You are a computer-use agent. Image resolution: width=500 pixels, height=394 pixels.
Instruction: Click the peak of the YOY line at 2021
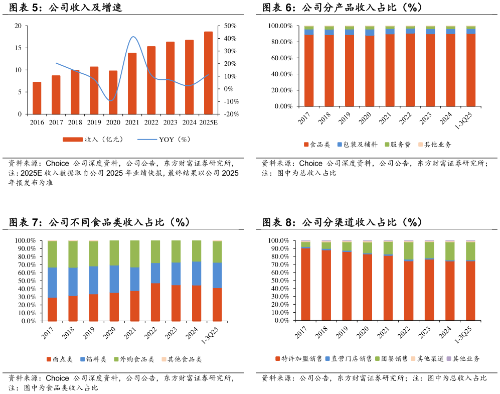coord(133,37)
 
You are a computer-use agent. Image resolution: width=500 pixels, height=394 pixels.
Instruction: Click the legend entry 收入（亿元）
coord(92,140)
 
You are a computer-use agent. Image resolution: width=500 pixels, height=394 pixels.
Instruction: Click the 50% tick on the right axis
coord(230,26)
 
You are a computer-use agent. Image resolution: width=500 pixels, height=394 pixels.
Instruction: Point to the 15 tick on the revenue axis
coord(18,48)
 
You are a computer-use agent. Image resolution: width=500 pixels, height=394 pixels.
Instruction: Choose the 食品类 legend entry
coord(316,145)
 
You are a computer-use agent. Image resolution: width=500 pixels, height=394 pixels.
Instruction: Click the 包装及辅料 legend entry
coord(357,145)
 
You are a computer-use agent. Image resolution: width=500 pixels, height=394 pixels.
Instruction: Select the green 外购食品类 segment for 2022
coord(155,251)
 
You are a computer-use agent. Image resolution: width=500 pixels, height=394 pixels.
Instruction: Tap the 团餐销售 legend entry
coord(391,359)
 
